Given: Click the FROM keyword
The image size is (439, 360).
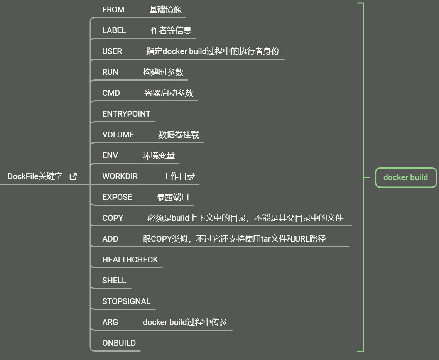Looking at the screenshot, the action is coord(113,10).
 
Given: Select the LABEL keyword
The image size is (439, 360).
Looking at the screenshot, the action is coord(114,30).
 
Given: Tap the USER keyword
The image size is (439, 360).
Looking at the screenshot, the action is coord(112,51).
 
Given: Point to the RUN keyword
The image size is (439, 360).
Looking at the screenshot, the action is coord(110,72).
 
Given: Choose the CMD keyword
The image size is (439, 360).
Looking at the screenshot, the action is coord(111,93).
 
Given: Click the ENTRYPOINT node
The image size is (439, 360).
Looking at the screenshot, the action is coord(126,114).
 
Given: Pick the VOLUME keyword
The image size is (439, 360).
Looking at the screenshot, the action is coord(118,135).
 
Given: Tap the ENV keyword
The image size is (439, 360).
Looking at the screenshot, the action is coord(110,155).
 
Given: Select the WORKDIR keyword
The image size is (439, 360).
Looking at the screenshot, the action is coord(120,176).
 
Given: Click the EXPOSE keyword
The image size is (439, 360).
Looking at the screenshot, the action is coord(117,197).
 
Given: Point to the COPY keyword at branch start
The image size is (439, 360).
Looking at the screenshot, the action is coord(113,218).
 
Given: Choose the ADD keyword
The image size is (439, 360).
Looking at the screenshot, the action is coord(110,239).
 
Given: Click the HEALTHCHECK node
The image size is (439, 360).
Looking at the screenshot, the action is coord(130,260).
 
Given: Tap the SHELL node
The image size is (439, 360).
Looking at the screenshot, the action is coord(114,281).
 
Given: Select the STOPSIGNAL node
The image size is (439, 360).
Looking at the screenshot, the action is coord(126,301).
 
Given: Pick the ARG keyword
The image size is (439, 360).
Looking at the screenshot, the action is coord(110,322).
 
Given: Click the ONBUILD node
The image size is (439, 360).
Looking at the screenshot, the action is coord(119,343).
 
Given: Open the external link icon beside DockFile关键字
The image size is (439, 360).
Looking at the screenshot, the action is coord(73,176).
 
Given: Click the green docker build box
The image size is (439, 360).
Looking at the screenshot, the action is coord(405,177).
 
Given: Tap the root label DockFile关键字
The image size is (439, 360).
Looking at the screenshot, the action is coord(35,176).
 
